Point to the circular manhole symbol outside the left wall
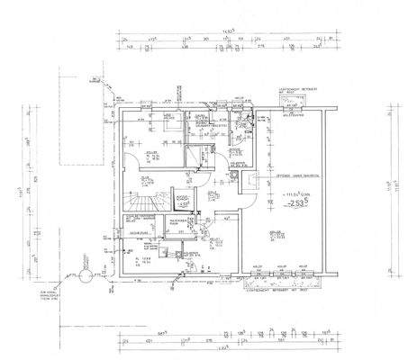[x=84, y=265]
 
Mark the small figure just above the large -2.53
[x=297, y=193]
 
